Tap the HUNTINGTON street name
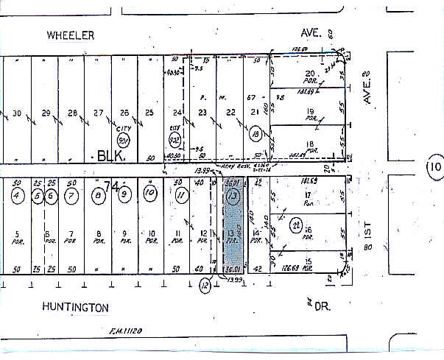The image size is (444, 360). (76, 307)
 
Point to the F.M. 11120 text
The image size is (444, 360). (122, 333)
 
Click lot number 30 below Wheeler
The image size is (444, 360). (18, 113)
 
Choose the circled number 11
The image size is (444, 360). (181, 195)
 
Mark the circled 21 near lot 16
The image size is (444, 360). (295, 224)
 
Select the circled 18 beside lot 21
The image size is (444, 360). (255, 134)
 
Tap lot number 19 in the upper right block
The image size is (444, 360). (310, 112)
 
